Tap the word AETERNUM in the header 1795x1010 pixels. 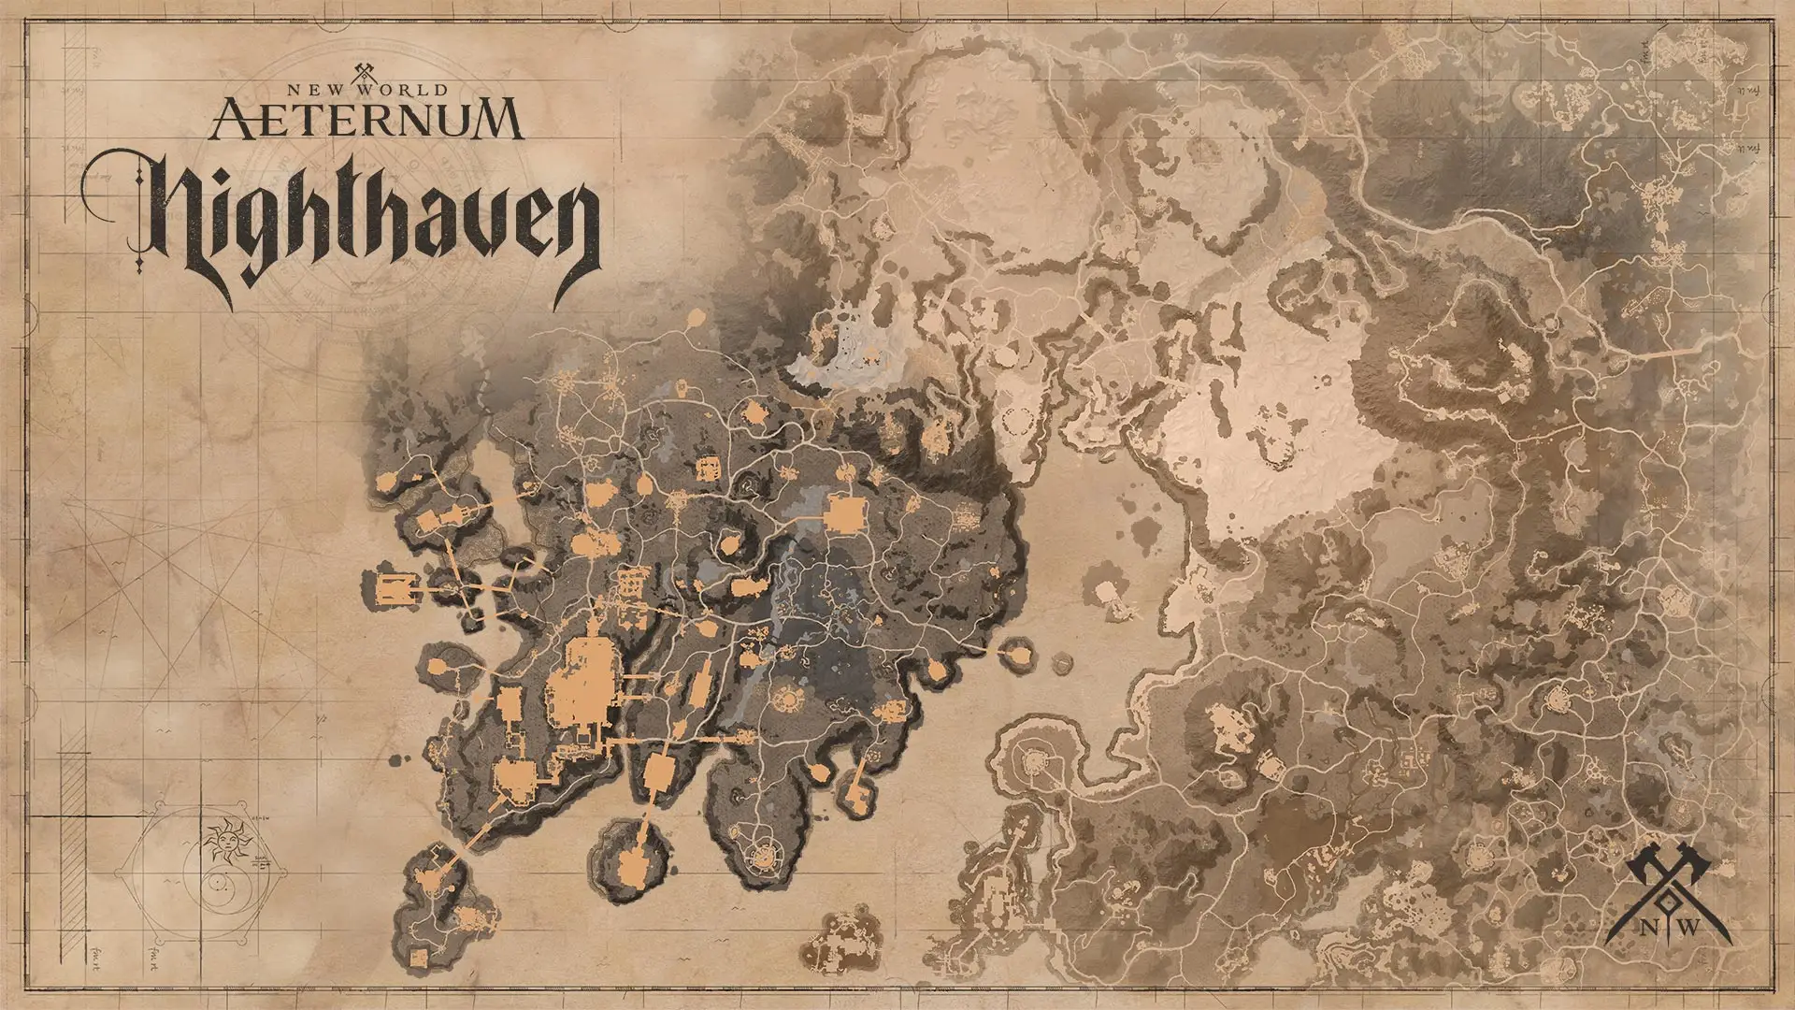click(x=365, y=119)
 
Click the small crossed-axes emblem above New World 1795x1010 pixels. click(x=365, y=70)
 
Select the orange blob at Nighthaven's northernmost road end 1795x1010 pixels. click(x=696, y=319)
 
